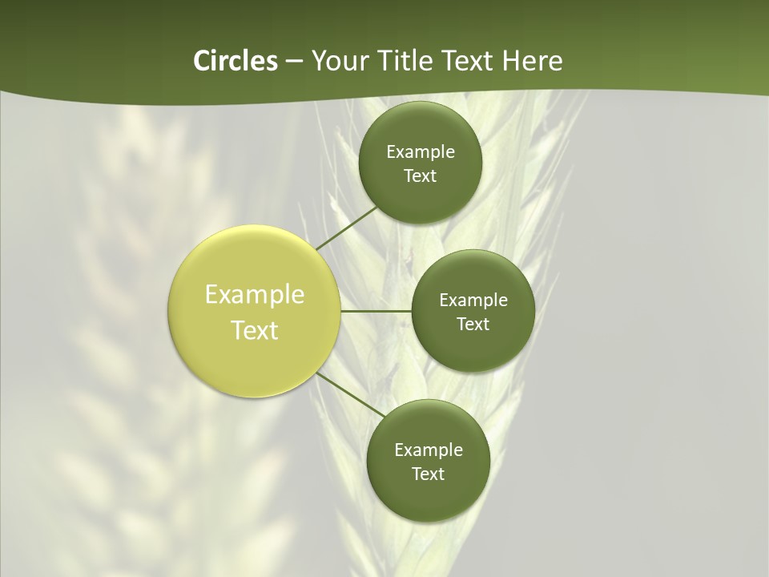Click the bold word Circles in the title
(235, 61)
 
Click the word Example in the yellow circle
(255, 295)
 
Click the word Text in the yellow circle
(255, 330)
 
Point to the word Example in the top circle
(421, 152)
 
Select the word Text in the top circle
(421, 176)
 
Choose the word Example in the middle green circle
(473, 301)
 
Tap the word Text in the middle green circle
(473, 325)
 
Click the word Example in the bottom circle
(429, 450)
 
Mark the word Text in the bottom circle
(429, 474)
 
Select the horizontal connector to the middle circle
(376, 311)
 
